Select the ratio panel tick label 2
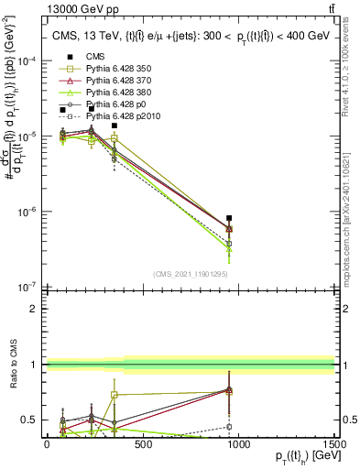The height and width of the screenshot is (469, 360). click(x=33, y=309)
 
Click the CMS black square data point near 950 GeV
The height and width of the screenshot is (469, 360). click(x=229, y=218)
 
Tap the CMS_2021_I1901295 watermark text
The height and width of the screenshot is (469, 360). click(x=190, y=274)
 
